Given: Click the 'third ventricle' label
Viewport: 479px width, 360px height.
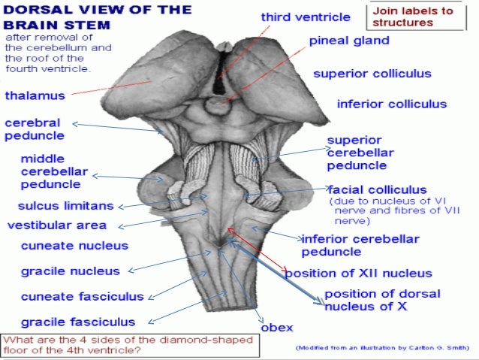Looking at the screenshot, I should pyautogui.click(x=306, y=17).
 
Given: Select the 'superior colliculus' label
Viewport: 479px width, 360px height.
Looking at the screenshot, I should pyautogui.click(x=372, y=74).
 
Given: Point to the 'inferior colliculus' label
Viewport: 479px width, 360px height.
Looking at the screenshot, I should pyautogui.click(x=392, y=104).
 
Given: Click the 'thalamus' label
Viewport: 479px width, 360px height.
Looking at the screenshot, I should pyautogui.click(x=35, y=96).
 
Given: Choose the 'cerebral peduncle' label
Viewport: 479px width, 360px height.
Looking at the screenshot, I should pyautogui.click(x=34, y=129).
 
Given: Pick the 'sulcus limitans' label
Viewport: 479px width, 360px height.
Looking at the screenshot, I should pyautogui.click(x=65, y=206).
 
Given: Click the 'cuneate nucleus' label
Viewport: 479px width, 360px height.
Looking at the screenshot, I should pyautogui.click(x=74, y=246).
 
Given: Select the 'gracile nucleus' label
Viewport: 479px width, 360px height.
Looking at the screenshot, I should pyautogui.click(x=71, y=271).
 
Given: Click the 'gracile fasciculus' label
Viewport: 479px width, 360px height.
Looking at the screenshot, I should pyautogui.click(x=78, y=322).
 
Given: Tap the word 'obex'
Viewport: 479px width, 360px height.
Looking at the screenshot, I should pyautogui.click(x=276, y=327).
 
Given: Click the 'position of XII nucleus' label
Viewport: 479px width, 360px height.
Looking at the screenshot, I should pyautogui.click(x=358, y=273).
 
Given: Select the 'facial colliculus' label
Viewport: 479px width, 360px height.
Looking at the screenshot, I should pyautogui.click(x=377, y=189).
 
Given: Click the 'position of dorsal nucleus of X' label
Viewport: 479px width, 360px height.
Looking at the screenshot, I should pyautogui.click(x=382, y=299).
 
